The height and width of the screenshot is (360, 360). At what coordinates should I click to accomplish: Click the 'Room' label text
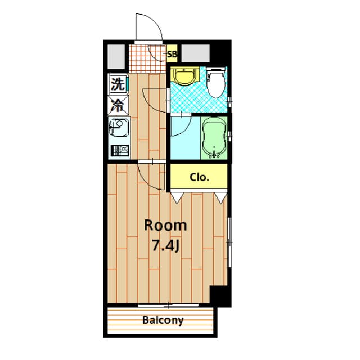click(x=165, y=226)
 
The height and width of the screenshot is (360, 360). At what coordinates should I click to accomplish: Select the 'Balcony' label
click(x=163, y=321)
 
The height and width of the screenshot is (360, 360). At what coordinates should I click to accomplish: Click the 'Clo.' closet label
click(x=199, y=178)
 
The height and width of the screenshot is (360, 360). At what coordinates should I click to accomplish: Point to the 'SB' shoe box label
click(x=173, y=55)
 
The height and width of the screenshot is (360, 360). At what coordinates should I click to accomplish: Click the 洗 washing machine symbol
click(x=117, y=85)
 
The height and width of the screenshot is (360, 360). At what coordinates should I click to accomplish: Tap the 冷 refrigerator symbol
click(x=118, y=105)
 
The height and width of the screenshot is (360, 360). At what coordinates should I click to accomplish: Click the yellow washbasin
click(x=183, y=75)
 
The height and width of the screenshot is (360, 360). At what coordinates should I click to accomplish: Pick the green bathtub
click(x=214, y=136)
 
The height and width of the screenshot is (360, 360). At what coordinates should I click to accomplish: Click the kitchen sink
click(x=118, y=129)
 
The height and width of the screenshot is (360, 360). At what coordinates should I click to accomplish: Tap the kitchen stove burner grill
click(x=119, y=151)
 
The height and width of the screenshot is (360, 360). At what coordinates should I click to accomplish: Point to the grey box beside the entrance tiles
click(x=116, y=55)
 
